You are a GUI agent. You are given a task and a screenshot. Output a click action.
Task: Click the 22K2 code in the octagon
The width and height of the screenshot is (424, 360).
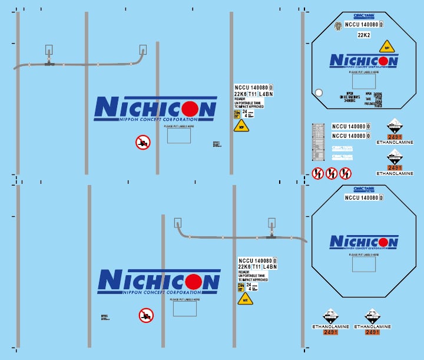pyautogui.click(x=363, y=35)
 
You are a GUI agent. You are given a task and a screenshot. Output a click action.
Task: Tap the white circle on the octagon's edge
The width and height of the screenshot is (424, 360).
pyautogui.click(x=319, y=93)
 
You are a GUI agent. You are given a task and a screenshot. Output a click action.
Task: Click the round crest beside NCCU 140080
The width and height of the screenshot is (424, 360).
pyautogui.click(x=337, y=25)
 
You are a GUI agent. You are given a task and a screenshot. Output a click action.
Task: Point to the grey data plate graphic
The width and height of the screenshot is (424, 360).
pyautogui.click(x=318, y=142)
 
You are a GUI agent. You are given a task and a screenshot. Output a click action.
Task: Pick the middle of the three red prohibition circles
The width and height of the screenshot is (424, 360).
pyautogui.click(x=332, y=173)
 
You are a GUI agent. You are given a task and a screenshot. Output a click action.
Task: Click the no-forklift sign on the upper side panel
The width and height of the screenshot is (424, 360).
pyautogui.click(x=143, y=142)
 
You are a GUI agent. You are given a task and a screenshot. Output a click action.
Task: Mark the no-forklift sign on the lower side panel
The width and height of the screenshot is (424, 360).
pyautogui.click(x=146, y=315)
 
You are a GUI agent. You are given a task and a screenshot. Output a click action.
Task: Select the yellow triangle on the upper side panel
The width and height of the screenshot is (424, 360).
pyautogui.click(x=241, y=125)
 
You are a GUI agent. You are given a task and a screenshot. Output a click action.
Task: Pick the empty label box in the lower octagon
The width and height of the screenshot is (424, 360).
pyautogui.click(x=363, y=263)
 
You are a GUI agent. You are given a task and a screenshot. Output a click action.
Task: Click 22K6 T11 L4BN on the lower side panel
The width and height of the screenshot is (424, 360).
pyautogui.click(x=257, y=267)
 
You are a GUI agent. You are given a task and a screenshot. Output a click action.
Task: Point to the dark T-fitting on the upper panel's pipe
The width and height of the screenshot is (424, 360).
pyautogui.click(x=49, y=63)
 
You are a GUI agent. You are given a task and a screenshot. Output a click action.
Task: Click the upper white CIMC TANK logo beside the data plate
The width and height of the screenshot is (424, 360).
pyautogui.click(x=342, y=148)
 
